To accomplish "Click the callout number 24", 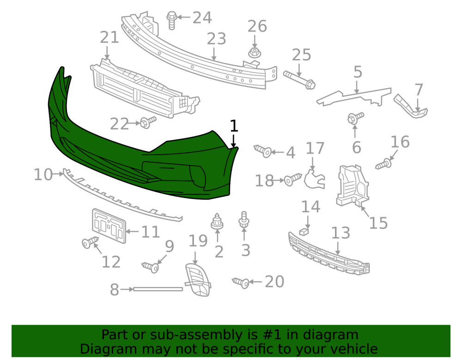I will [202, 18].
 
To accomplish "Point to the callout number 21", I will [109, 37].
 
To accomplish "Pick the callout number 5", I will [358, 72].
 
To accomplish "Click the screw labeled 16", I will [384, 163].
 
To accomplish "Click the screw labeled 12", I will [90, 242].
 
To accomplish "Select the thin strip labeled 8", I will [158, 289].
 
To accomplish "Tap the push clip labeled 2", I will [217, 222].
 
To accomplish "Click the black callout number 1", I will [234, 126].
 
